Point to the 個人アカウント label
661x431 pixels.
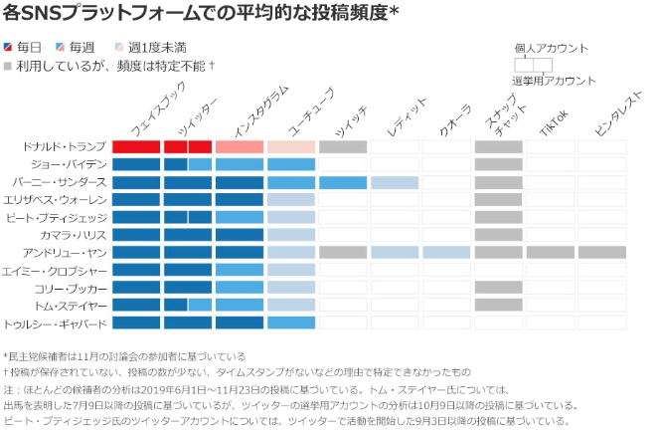tap(551, 48)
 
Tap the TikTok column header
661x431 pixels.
tap(553, 122)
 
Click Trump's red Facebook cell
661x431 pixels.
tap(136, 147)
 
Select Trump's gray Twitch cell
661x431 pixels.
tap(343, 147)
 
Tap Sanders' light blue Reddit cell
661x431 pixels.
tap(395, 182)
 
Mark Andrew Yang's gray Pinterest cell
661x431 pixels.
tap(601, 253)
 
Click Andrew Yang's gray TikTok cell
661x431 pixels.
tap(550, 253)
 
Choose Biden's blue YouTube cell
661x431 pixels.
tap(291, 164)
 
